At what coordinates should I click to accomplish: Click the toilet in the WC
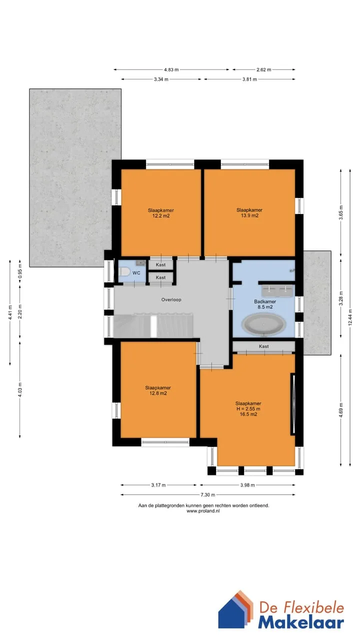point(124,271)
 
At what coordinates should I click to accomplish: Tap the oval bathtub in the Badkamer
point(263,324)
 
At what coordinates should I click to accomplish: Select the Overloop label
point(171,299)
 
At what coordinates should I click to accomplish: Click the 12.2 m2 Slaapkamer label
point(161,213)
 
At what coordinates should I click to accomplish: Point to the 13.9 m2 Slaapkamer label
point(249,213)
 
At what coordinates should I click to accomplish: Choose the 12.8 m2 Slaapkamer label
point(158,390)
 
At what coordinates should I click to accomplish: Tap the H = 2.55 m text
point(248,409)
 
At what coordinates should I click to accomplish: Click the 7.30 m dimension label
point(207,494)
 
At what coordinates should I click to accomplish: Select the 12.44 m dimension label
point(350,317)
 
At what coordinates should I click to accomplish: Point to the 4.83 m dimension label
point(171,69)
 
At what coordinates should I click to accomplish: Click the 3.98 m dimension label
point(247,485)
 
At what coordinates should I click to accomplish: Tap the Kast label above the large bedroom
point(263,346)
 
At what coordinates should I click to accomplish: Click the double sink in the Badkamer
point(277,290)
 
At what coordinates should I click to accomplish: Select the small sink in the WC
point(140,262)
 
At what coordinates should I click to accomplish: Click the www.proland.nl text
point(203,511)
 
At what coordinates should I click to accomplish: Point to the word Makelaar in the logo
point(301,622)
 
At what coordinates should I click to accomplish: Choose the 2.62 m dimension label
point(263,69)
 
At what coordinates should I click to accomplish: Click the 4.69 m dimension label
point(341,410)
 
